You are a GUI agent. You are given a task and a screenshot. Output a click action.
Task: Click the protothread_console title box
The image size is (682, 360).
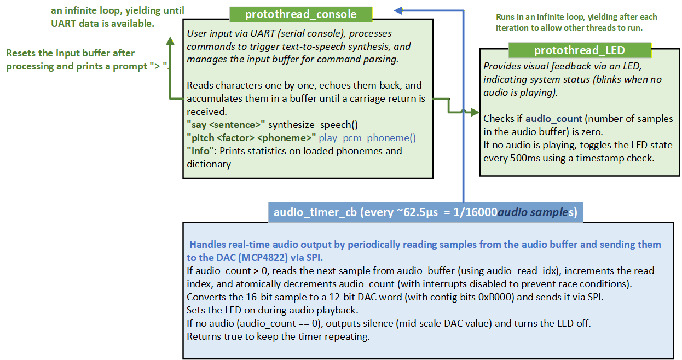pyautogui.click(x=300, y=14)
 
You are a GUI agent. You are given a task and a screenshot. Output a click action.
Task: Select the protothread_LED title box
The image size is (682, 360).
pyautogui.click(x=580, y=50)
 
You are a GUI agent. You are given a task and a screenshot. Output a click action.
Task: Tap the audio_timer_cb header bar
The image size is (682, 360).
pyautogui.click(x=425, y=212)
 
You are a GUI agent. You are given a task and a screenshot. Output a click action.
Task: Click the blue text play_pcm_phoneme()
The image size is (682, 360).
pyautogui.click(x=367, y=137)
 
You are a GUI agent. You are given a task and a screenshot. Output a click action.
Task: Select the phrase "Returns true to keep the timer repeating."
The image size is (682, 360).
pyautogui.click(x=278, y=336)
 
